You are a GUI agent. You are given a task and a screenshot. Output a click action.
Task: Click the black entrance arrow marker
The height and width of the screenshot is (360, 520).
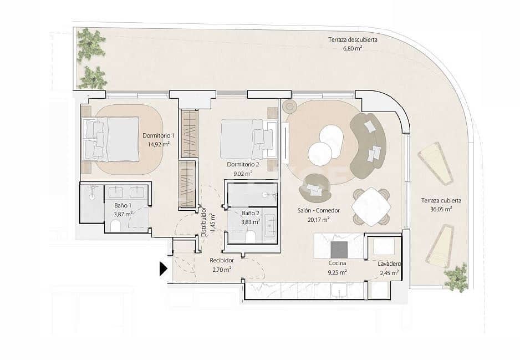[x=163, y=269]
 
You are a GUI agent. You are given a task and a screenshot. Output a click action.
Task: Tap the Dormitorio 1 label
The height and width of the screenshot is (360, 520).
[x=158, y=135]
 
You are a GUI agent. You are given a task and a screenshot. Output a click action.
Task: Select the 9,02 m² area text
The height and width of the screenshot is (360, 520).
[x=242, y=173]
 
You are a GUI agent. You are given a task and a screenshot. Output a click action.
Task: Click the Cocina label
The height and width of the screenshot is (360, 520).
[x=337, y=263]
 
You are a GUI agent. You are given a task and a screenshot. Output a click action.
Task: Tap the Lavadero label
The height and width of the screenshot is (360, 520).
[x=389, y=265]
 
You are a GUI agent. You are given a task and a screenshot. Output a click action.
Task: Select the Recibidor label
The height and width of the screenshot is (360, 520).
[x=221, y=260]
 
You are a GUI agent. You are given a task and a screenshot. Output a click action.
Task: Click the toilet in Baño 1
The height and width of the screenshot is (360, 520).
[x=116, y=226]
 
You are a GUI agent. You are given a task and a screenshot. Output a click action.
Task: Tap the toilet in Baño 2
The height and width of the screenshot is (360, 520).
[x=250, y=237]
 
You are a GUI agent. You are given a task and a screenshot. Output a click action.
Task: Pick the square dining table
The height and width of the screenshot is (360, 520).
[x=371, y=207]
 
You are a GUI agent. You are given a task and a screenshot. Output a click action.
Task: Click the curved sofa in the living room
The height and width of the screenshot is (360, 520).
[x=370, y=140]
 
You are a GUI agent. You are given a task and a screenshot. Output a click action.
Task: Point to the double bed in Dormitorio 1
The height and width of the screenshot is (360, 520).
[x=111, y=139]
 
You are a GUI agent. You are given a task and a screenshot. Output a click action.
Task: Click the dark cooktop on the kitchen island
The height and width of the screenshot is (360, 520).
[x=339, y=247]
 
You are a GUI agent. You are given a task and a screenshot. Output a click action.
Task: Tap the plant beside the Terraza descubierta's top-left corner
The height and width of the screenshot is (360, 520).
[x=90, y=44]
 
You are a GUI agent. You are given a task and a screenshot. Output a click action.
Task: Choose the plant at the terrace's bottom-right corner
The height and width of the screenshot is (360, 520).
[x=456, y=277]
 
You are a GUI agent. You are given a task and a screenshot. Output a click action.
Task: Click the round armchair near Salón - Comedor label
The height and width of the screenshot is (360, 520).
[x=315, y=188]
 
